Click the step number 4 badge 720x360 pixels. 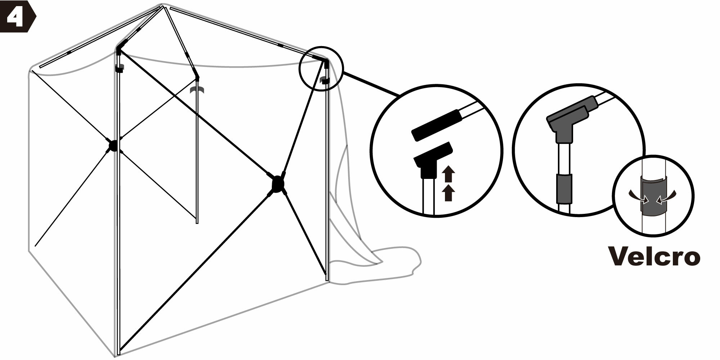[17, 17]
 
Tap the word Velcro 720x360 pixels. [654, 256]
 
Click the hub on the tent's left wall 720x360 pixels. [113, 145]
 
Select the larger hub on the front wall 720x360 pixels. [278, 184]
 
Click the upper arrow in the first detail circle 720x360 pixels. [448, 174]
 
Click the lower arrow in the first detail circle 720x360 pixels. [448, 193]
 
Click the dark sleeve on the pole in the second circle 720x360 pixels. [564, 189]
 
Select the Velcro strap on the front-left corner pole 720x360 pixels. [119, 68]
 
